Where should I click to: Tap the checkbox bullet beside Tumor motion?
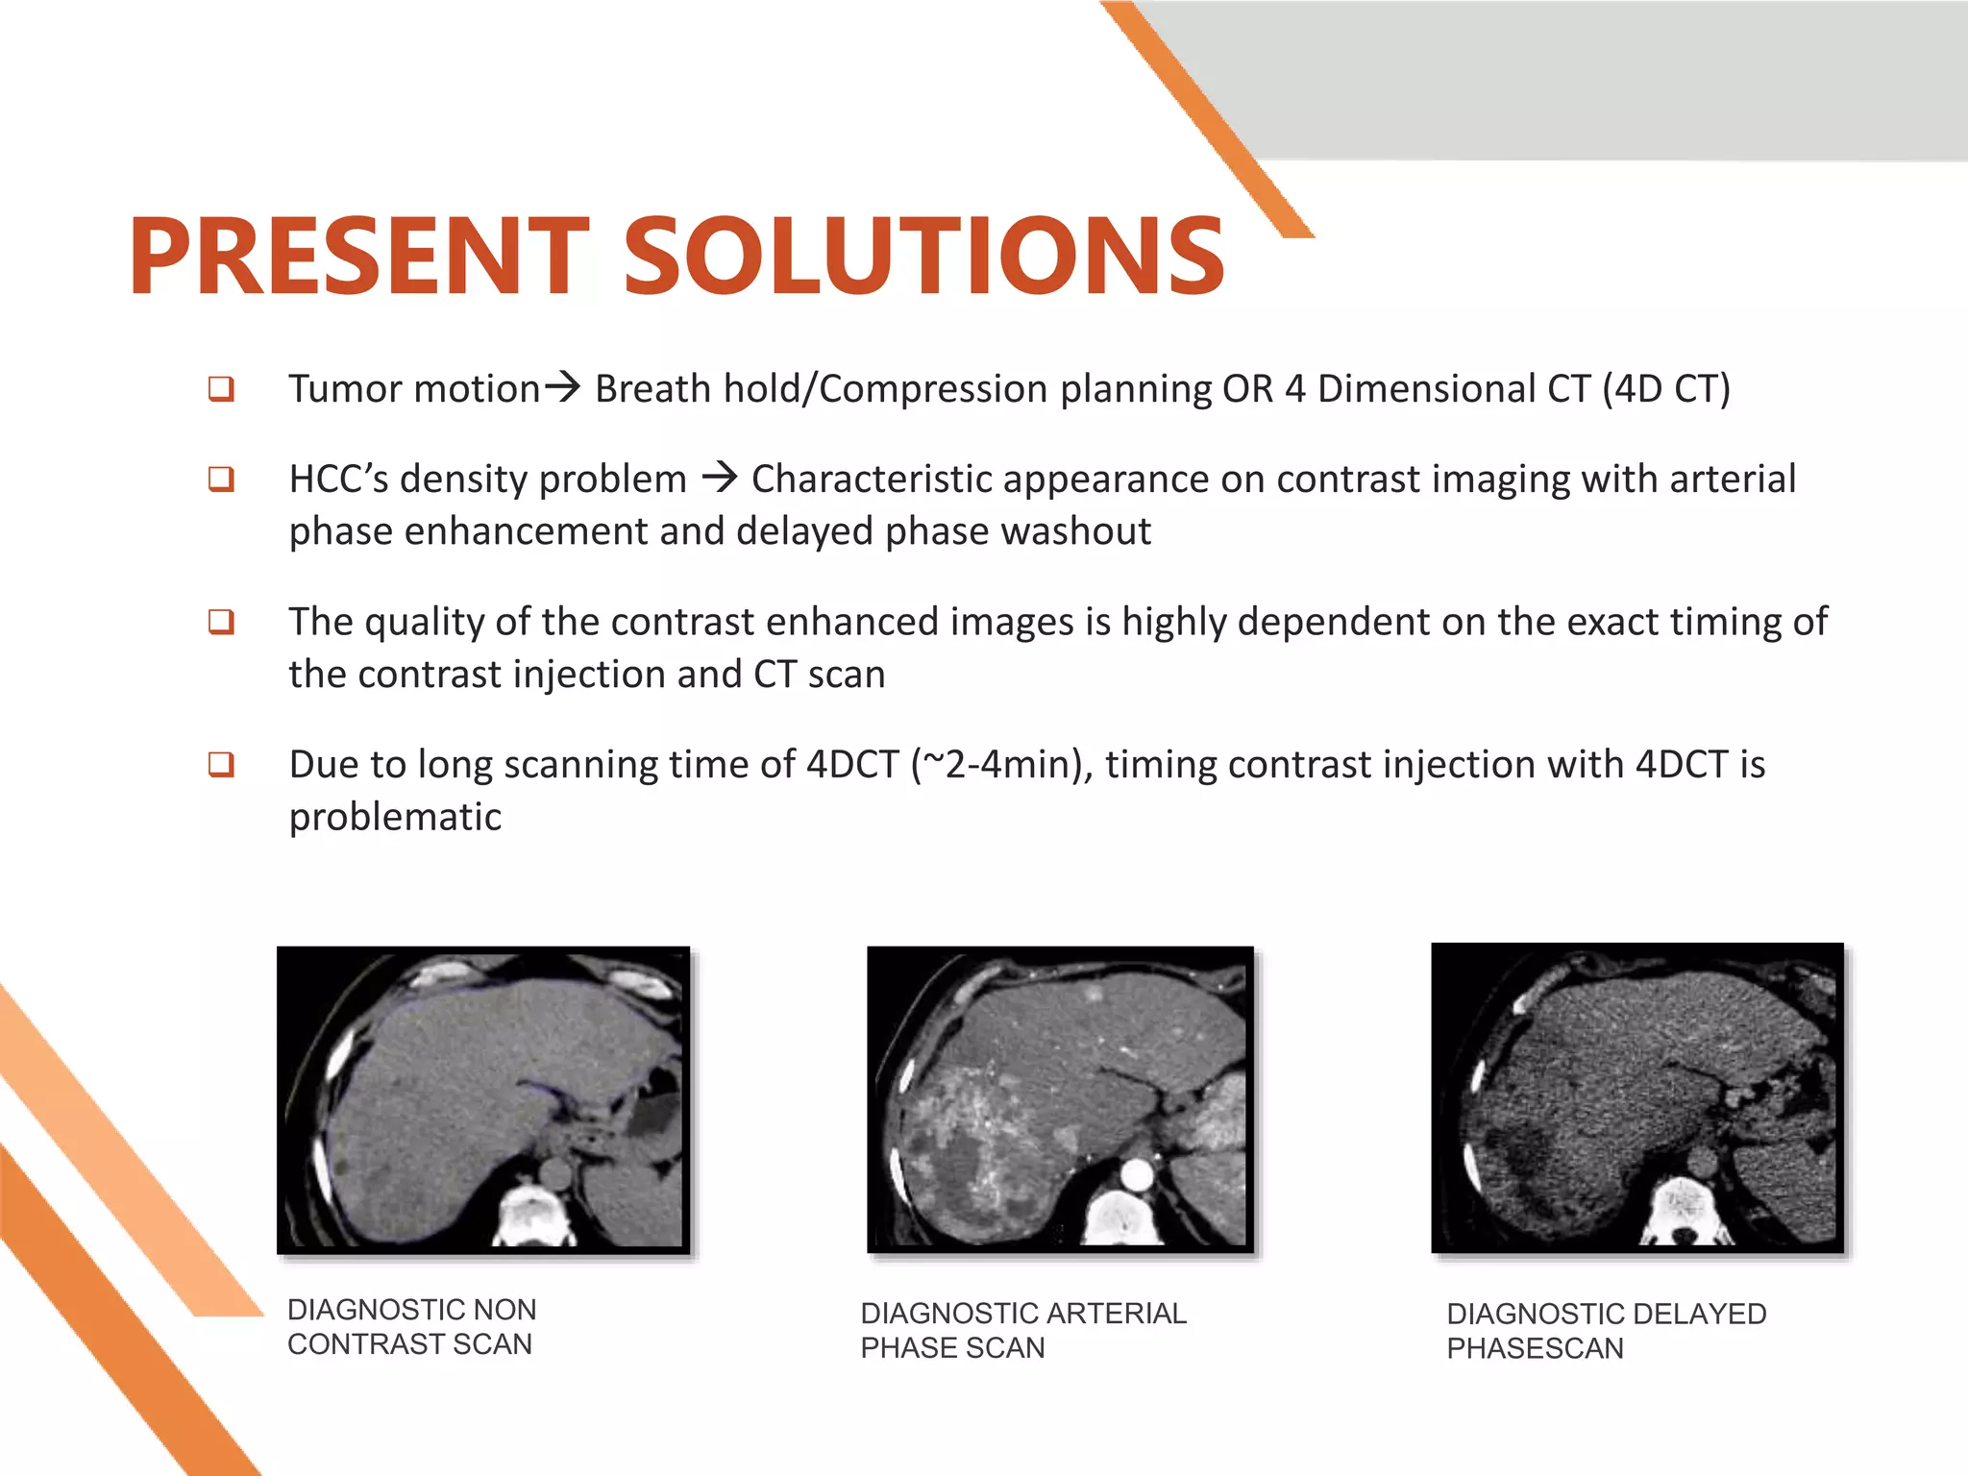(x=221, y=389)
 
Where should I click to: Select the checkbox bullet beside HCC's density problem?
(x=221, y=479)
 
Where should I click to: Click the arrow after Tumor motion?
(x=563, y=387)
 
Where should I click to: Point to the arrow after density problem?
(x=719, y=477)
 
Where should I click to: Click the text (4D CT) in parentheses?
(x=1665, y=389)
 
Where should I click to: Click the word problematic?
(x=395, y=817)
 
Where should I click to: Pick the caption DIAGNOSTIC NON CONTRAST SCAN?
(x=411, y=1326)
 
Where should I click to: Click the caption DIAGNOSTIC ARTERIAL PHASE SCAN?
(x=1022, y=1330)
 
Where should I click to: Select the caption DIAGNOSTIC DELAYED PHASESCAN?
(x=1606, y=1330)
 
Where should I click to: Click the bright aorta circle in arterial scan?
(x=1136, y=1174)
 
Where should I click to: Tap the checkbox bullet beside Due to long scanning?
(x=221, y=765)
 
